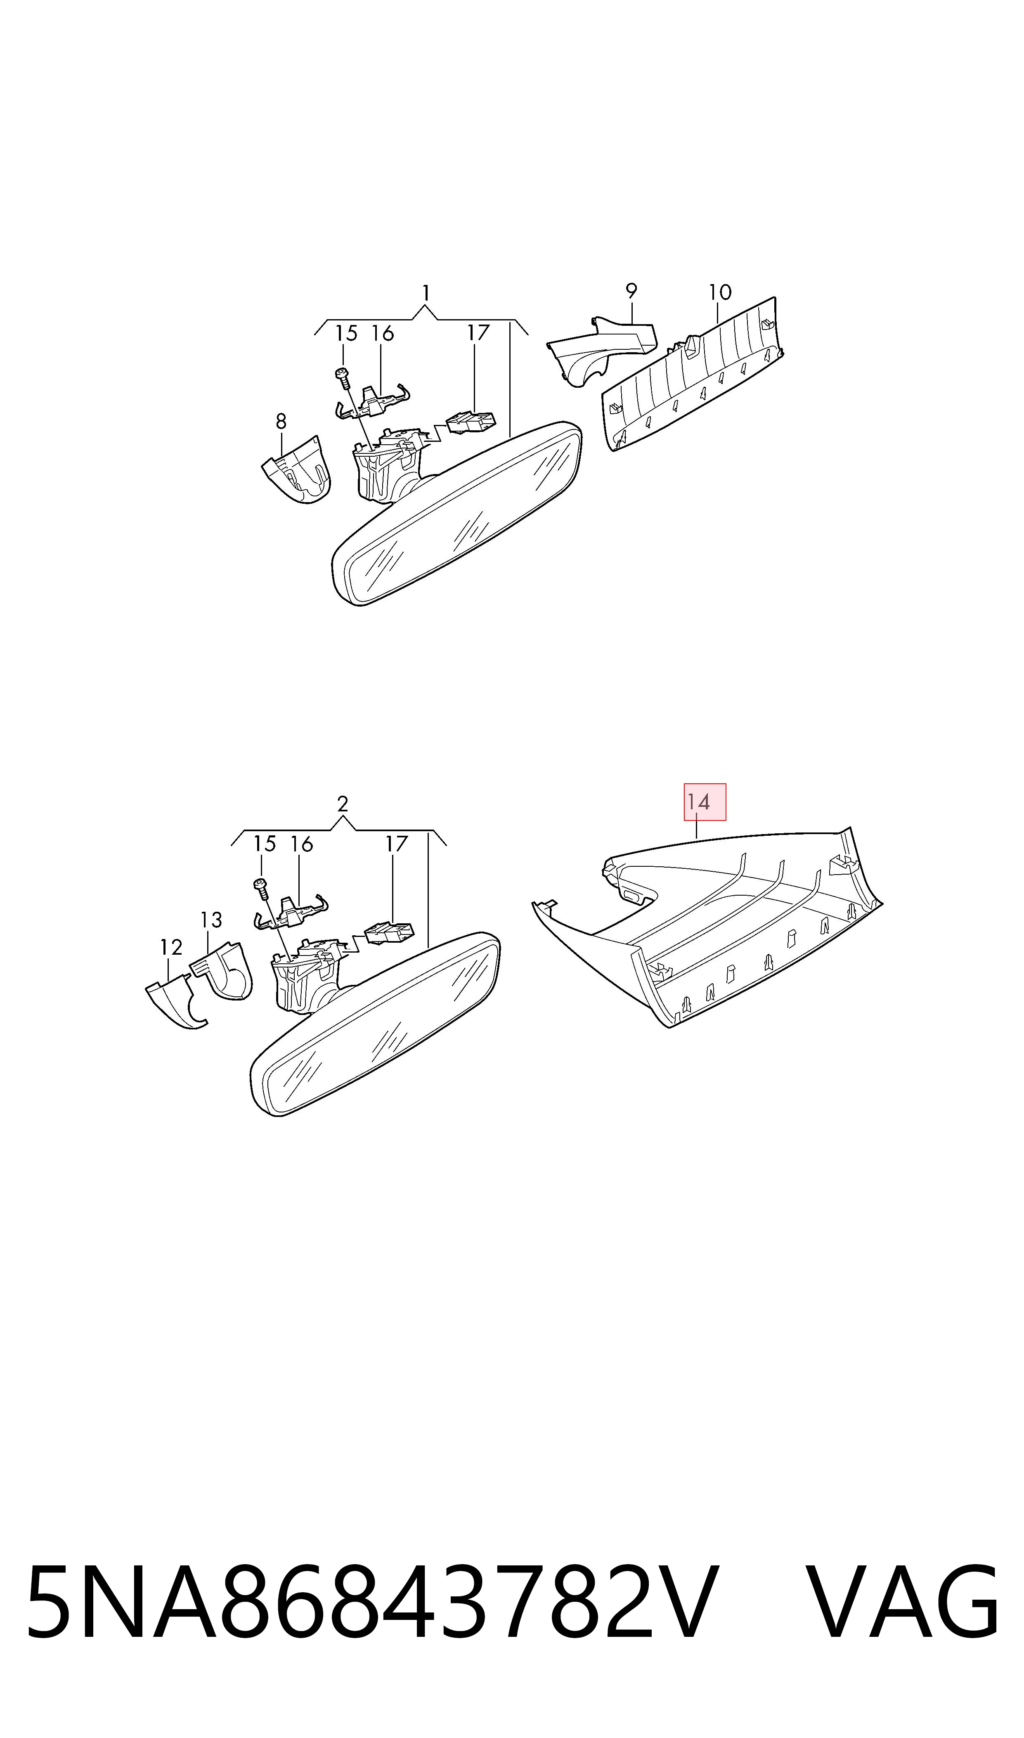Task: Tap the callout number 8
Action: coord(281,421)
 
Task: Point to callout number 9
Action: coord(631,291)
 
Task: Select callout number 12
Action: coord(171,947)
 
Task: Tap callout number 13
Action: coord(211,920)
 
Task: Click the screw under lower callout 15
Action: coord(262,889)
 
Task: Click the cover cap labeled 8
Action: coord(297,469)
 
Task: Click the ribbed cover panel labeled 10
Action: coord(693,373)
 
